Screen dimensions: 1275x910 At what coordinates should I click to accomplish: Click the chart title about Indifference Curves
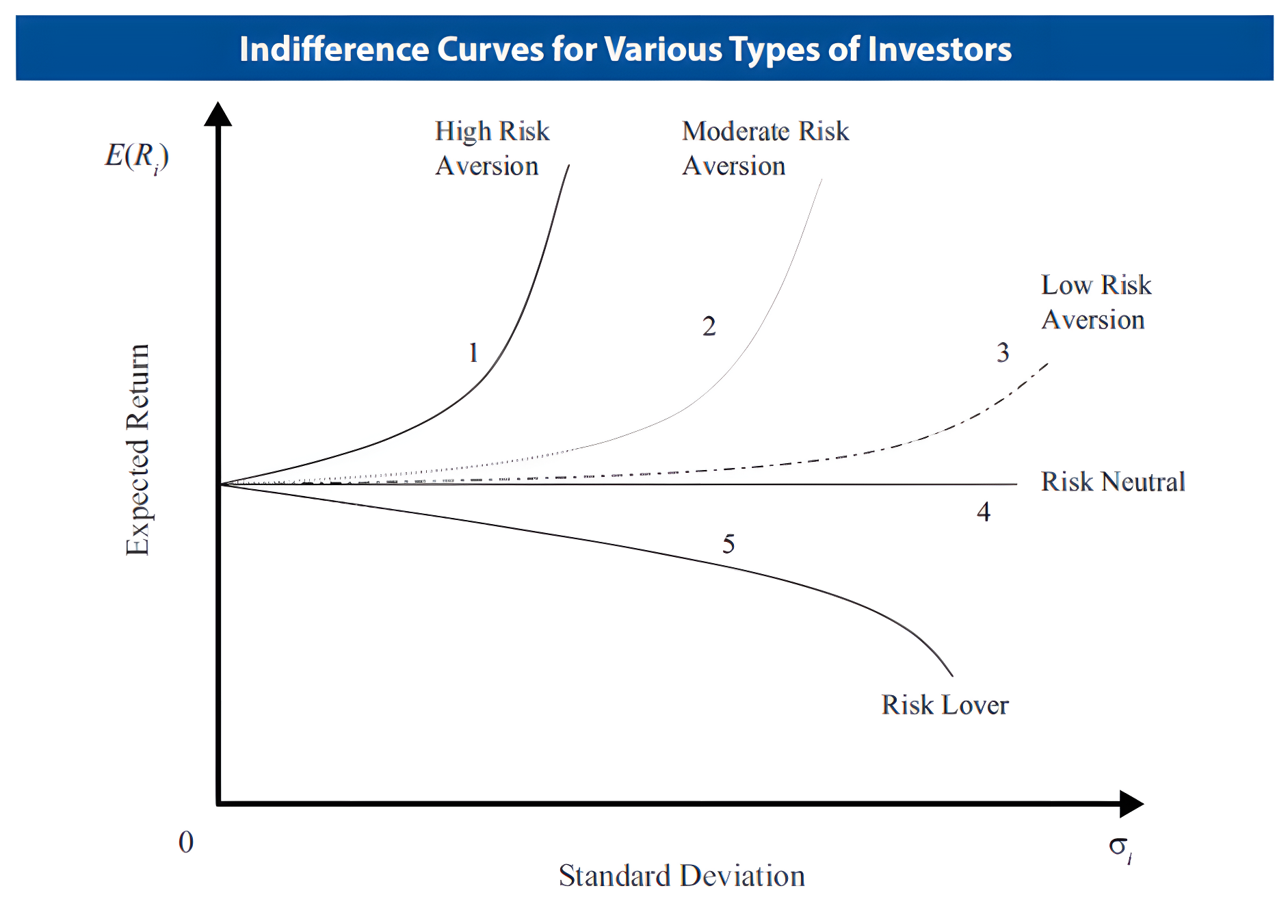pos(625,49)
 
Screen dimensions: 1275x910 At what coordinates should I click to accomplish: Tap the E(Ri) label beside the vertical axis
pos(136,157)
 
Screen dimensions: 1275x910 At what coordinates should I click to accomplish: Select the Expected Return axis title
pos(137,450)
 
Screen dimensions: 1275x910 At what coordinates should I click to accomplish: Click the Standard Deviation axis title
pos(681,876)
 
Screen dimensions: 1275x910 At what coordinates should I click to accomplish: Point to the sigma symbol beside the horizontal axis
pos(1119,847)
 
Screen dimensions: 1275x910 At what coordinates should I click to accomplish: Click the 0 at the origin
pos(186,842)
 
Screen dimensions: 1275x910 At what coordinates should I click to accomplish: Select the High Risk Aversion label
pos(491,148)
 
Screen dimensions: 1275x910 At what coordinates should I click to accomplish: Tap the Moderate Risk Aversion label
pos(765,148)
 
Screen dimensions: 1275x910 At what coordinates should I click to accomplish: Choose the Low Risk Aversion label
pos(1095,302)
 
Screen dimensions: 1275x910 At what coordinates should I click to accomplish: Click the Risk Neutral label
pos(1112,482)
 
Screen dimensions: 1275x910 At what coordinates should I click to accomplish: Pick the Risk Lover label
pos(944,705)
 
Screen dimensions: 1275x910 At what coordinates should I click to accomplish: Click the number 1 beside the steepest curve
pos(473,353)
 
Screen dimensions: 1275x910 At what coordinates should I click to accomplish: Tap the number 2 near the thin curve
pos(709,326)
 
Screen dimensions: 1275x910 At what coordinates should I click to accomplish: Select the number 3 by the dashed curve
pos(1002,353)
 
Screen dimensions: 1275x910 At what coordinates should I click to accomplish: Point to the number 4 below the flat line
pos(983,512)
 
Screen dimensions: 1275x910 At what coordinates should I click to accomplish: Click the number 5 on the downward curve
pos(728,545)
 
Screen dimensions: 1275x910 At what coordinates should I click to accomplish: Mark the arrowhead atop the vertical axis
pos(218,114)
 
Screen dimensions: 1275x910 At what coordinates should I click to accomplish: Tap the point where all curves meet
pos(220,484)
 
